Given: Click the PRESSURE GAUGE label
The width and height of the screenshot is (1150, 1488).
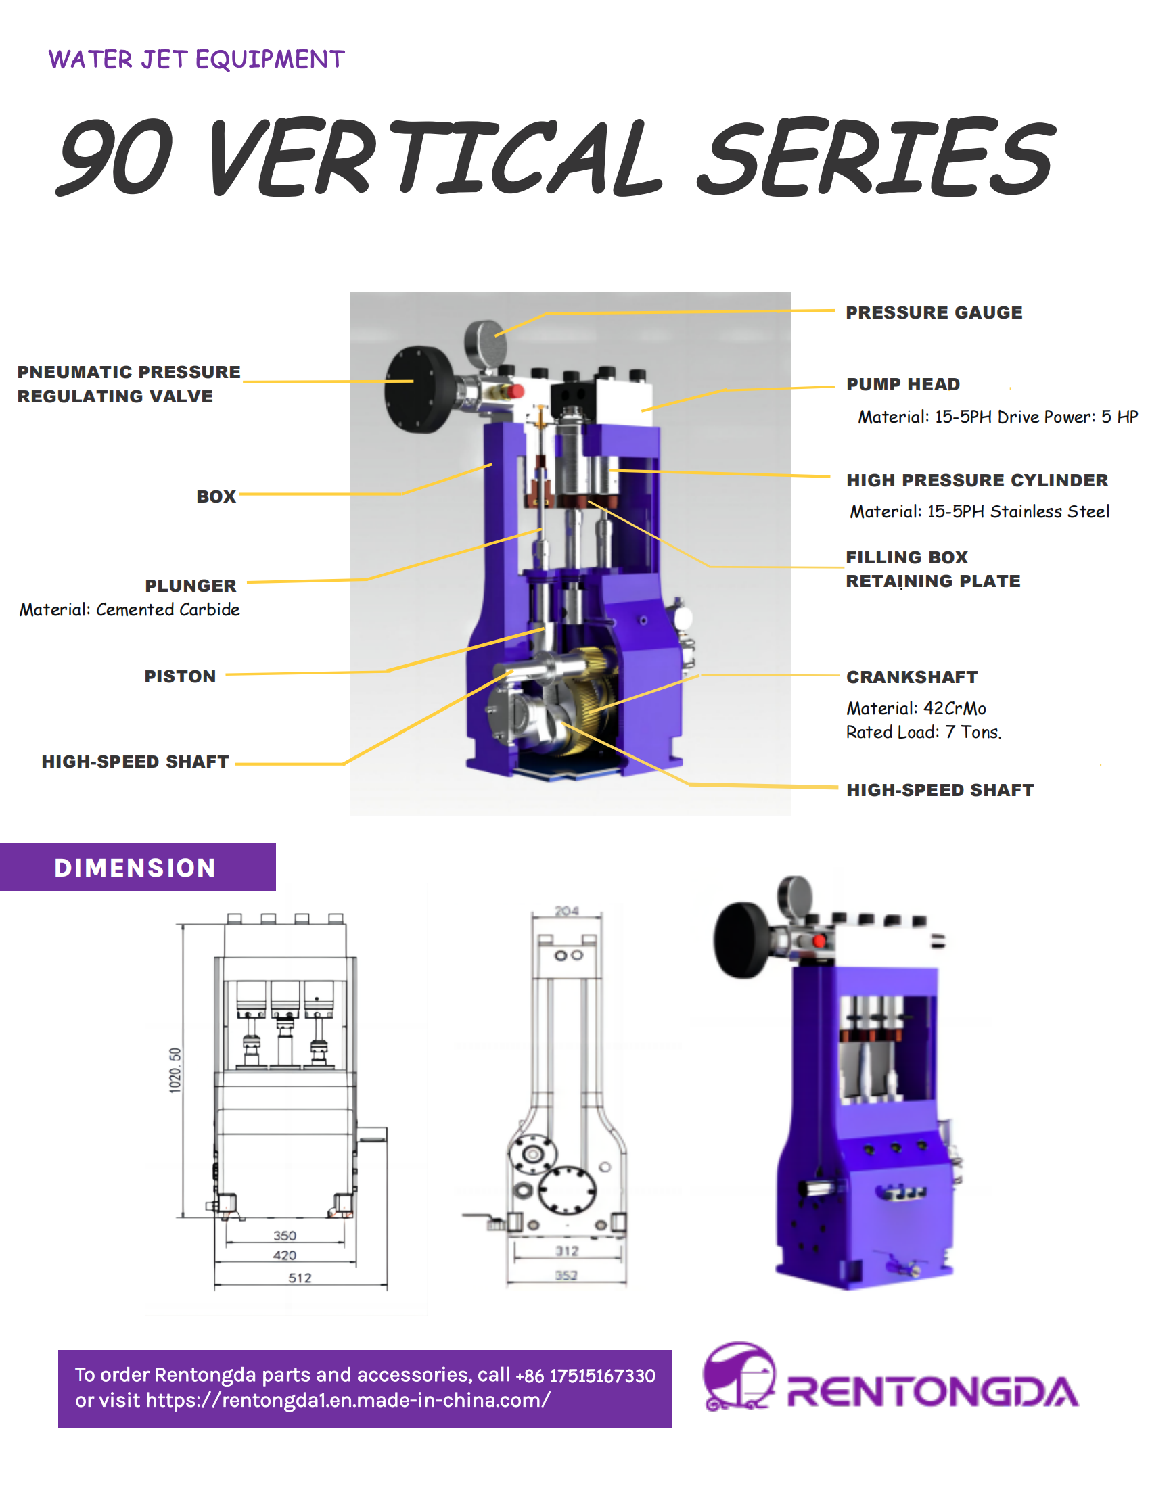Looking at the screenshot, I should (934, 312).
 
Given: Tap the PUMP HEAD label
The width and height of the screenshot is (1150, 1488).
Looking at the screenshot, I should (902, 384).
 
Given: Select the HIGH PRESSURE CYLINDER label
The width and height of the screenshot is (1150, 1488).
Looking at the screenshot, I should (976, 480).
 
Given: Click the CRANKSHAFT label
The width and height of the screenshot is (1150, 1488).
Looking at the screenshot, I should (911, 677).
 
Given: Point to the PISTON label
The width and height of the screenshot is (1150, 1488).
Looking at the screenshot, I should (180, 676).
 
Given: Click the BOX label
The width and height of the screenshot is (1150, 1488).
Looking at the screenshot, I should (216, 496).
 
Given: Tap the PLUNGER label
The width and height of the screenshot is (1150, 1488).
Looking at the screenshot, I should (191, 586).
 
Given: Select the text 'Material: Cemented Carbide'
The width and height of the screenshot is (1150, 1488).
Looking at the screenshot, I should (129, 610).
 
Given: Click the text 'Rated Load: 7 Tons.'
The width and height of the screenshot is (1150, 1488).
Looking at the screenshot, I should (923, 733).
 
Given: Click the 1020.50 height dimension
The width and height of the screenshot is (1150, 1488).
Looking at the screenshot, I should (175, 1071).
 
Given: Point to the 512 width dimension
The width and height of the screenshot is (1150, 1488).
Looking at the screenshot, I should (300, 1279).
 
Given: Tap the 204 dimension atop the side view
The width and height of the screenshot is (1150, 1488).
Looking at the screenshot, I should (566, 911).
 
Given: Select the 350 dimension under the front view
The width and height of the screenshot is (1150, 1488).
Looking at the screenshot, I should (285, 1236).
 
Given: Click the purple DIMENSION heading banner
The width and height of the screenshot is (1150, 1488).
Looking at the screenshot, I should (136, 868).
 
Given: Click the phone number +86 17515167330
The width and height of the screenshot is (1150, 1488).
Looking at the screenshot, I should (585, 1376).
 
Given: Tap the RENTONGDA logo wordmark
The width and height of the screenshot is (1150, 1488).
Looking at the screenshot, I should (932, 1393).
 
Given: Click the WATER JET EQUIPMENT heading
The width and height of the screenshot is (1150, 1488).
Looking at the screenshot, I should (196, 60).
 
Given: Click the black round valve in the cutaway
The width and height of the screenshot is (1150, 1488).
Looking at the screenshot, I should (417, 389).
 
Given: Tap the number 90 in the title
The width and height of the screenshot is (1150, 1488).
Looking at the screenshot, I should (116, 157).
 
